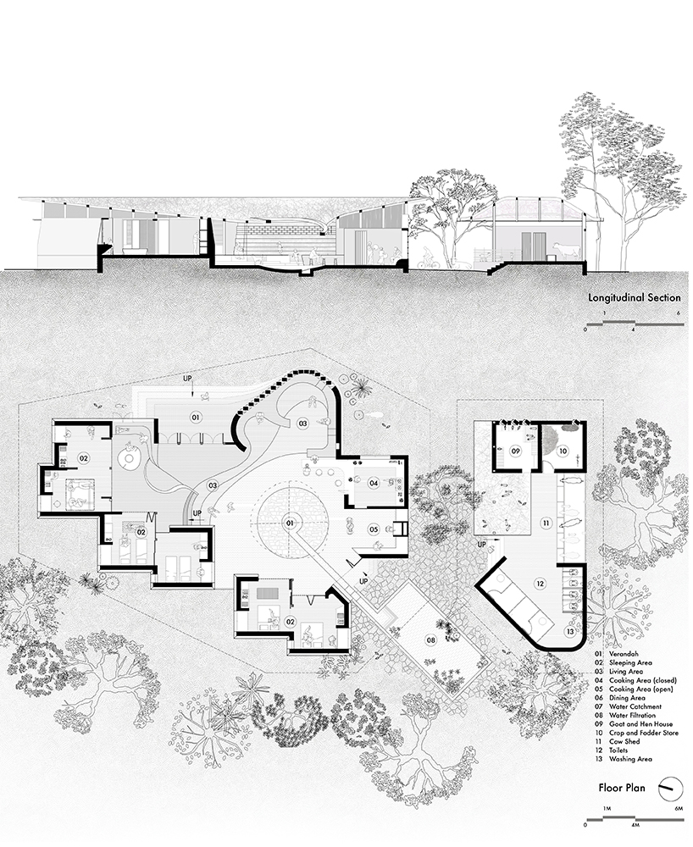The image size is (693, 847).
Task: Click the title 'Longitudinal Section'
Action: coord(635,298)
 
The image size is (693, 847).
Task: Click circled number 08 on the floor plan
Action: coord(431,639)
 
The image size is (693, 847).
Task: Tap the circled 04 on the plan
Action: coord(373,484)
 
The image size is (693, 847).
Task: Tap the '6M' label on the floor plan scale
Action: coord(679,811)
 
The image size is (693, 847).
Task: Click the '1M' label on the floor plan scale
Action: coord(607,811)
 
